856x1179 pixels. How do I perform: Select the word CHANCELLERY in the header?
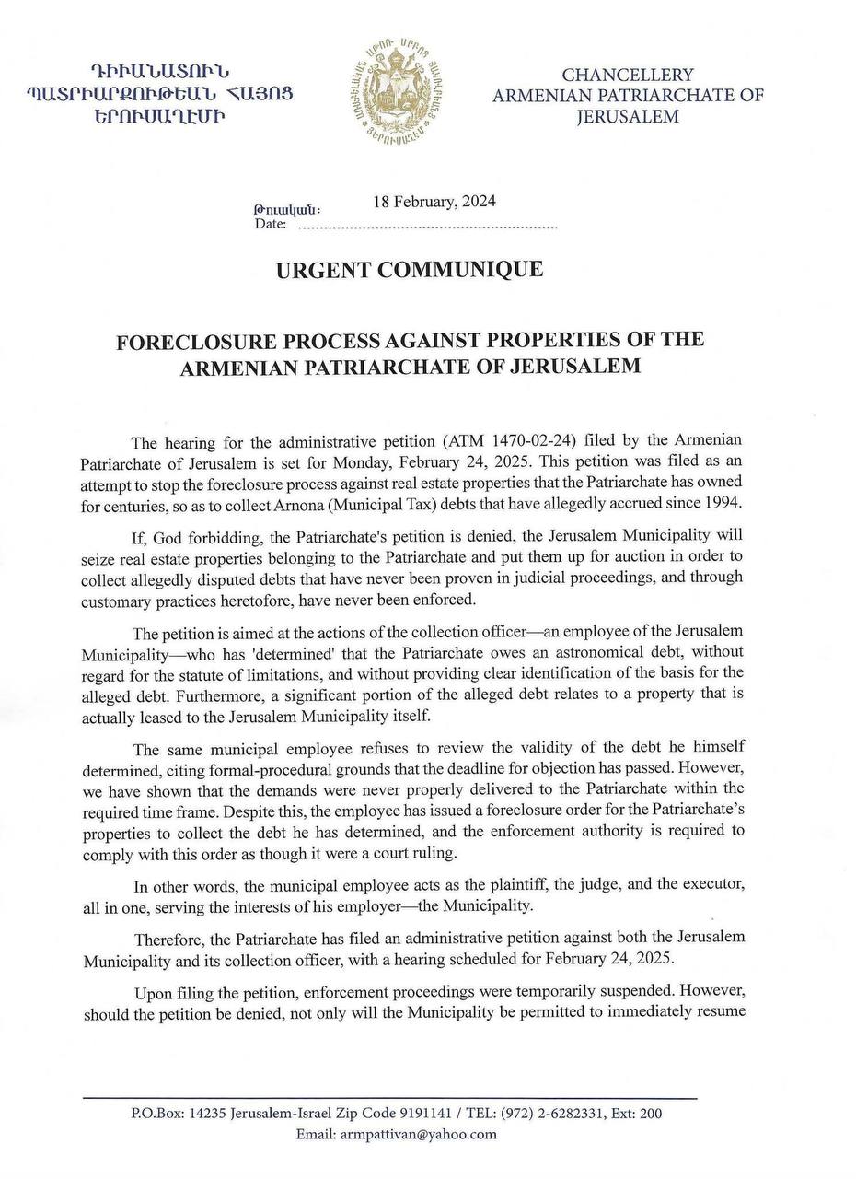(x=628, y=75)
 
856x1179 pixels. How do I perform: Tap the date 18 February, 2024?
(x=434, y=203)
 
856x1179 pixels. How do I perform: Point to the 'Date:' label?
(x=271, y=224)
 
